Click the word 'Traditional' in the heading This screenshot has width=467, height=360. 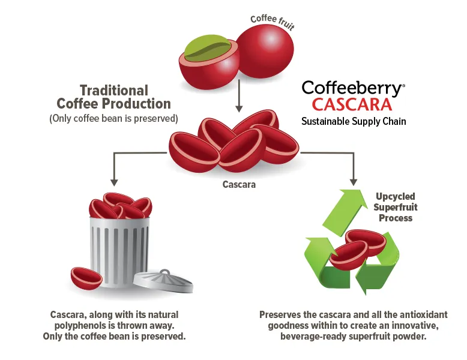pos(114,91)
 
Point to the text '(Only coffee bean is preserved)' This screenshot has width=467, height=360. pos(113,118)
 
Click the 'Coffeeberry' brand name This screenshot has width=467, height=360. pos(352,88)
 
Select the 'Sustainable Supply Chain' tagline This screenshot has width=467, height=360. pos(354,122)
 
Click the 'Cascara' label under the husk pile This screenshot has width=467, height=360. pos(239,185)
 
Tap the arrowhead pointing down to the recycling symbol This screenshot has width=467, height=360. pos(354,180)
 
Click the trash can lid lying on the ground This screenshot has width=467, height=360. pos(163,281)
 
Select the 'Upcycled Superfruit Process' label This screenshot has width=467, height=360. pos(396,207)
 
